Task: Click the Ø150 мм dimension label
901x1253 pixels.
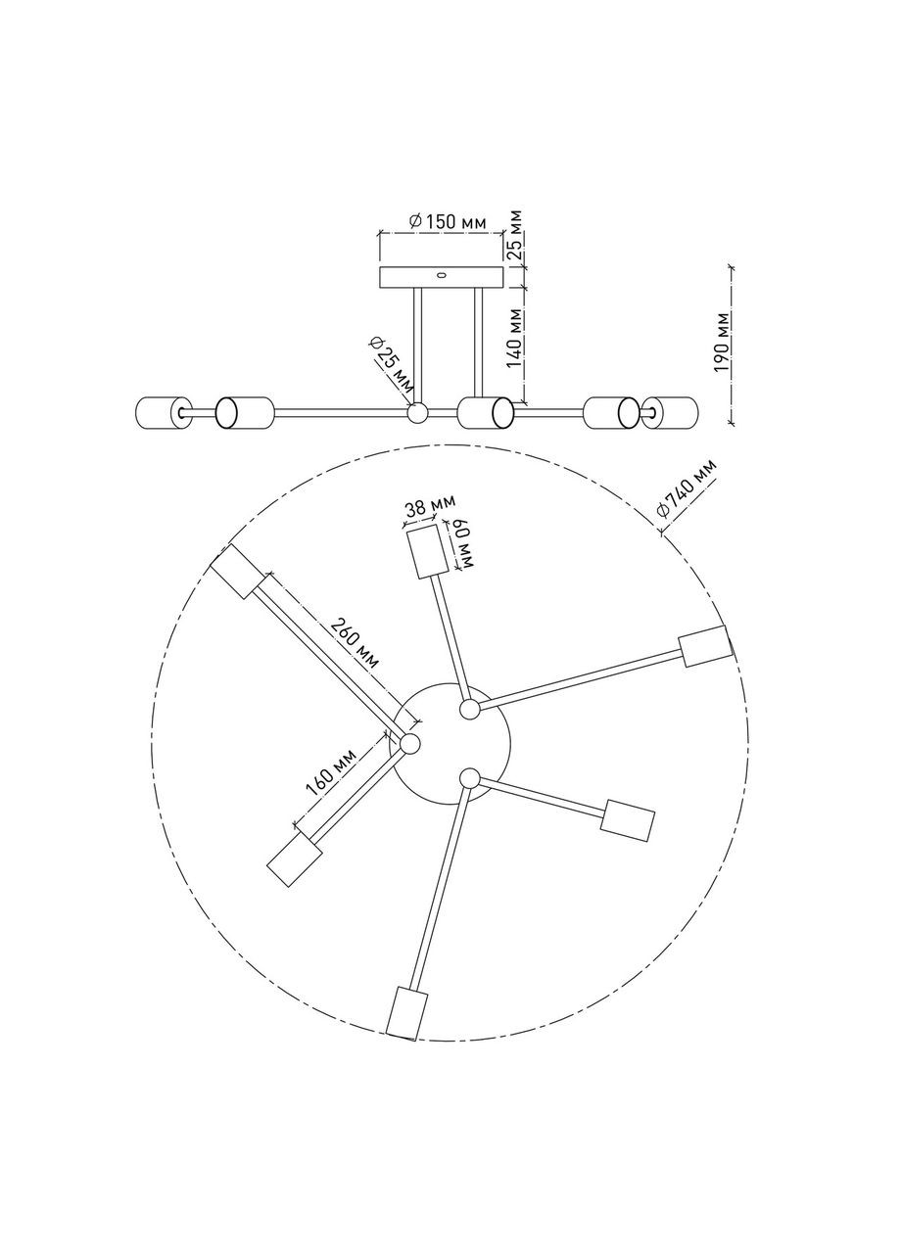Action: click(448, 222)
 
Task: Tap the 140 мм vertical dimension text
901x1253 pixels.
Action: click(515, 339)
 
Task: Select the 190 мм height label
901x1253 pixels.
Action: click(722, 342)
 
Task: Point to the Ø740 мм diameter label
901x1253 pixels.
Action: click(688, 487)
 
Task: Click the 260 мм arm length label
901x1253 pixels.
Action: click(354, 643)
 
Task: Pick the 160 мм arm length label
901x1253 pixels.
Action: click(331, 772)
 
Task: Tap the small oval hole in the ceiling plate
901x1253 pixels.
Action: click(442, 275)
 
